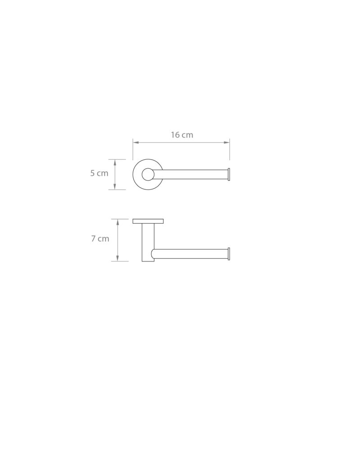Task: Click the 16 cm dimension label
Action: pyautogui.click(x=182, y=135)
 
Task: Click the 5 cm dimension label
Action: pyautogui.click(x=99, y=173)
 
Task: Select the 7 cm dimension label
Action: pyautogui.click(x=100, y=238)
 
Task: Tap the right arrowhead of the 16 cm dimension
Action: pyautogui.click(x=227, y=142)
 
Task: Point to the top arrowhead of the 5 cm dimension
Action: pyautogui.click(x=115, y=162)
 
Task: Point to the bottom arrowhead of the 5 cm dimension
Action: pyautogui.click(x=115, y=187)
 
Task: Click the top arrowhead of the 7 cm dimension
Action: pyautogui.click(x=117, y=222)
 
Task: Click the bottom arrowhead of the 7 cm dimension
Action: pyautogui.click(x=117, y=258)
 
